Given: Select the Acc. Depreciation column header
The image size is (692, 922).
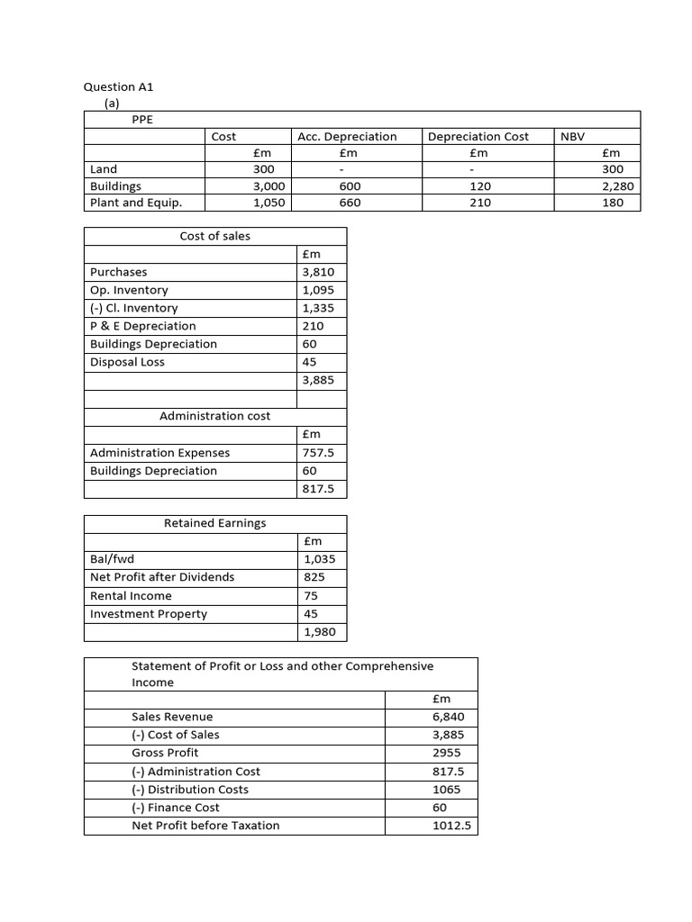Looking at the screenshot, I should tap(347, 136).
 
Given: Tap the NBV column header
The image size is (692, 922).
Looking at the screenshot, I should tap(572, 136).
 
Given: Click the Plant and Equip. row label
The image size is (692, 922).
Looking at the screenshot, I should tap(136, 203).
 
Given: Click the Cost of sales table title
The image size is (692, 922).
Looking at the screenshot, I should tap(215, 236).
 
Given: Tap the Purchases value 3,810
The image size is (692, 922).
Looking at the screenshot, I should tap(318, 272).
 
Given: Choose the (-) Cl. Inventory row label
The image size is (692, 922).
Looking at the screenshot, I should tap(134, 308).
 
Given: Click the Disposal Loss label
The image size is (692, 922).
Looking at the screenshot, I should tap(127, 362).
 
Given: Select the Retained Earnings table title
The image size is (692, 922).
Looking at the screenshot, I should tap(215, 523).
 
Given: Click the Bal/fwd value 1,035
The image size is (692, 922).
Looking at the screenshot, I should tap(319, 559).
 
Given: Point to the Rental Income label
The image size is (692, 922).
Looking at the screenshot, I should tap(131, 596).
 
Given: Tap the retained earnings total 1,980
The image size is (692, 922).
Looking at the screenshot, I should tap(319, 632).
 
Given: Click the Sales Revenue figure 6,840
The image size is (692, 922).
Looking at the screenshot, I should tap(449, 717).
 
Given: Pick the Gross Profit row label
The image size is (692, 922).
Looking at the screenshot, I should tap(165, 753).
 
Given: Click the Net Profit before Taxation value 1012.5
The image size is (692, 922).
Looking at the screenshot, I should tap(452, 826).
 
